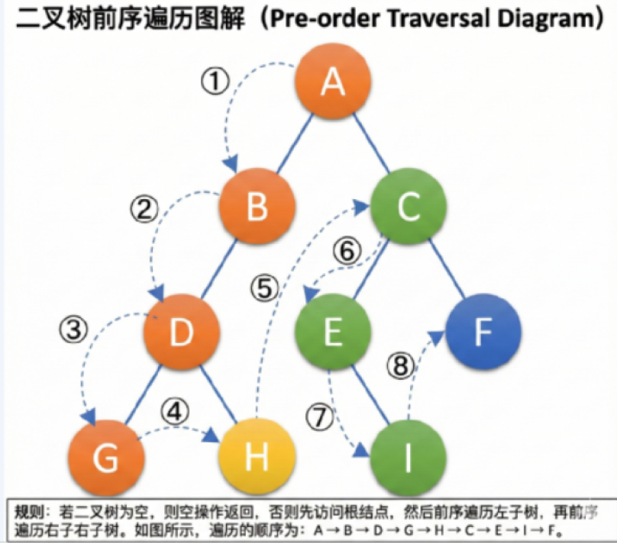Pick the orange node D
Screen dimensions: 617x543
click(x=183, y=333)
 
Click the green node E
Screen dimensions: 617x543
click(x=333, y=333)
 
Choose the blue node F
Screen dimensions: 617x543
click(x=483, y=333)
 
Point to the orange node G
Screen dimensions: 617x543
click(x=106, y=459)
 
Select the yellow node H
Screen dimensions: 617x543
click(x=257, y=459)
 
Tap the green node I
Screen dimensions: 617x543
click(x=408, y=459)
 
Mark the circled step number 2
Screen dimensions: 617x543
click(x=143, y=209)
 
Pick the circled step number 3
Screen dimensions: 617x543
click(x=74, y=330)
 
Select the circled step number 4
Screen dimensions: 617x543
click(x=175, y=412)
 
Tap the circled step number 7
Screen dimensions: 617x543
click(x=319, y=416)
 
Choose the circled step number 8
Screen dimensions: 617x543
click(x=401, y=367)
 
